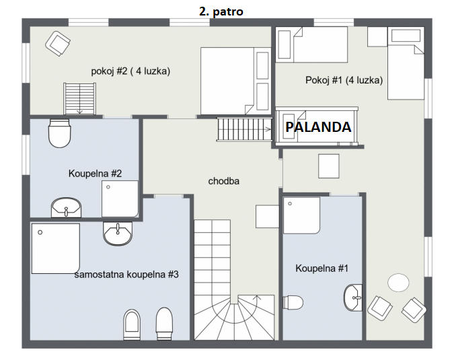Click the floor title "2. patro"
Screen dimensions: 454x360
coord(221,11)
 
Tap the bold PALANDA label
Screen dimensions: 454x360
coord(318,127)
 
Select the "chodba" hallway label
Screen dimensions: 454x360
coord(223,181)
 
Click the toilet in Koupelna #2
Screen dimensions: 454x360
coord(59,133)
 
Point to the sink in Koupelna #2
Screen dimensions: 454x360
coord(66,207)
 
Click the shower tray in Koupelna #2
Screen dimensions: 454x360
coord(120,199)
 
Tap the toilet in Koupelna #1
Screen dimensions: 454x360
coord(293,302)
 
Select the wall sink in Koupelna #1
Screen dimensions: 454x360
coord(353,297)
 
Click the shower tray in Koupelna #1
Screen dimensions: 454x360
coord(301,216)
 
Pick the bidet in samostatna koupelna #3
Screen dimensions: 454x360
coord(132,324)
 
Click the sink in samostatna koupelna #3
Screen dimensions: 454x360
coord(118,233)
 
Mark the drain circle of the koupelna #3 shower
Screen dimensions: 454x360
coord(40,232)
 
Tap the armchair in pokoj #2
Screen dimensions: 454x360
coord(58,44)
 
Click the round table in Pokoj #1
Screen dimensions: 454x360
coord(398,283)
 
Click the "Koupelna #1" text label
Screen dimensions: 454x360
coord(321,268)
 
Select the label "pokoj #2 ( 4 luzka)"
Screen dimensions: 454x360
coord(130,71)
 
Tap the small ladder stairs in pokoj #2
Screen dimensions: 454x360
coord(79,99)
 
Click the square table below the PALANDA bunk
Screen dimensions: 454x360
coord(329,166)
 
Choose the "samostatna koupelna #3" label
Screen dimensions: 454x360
coord(126,275)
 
